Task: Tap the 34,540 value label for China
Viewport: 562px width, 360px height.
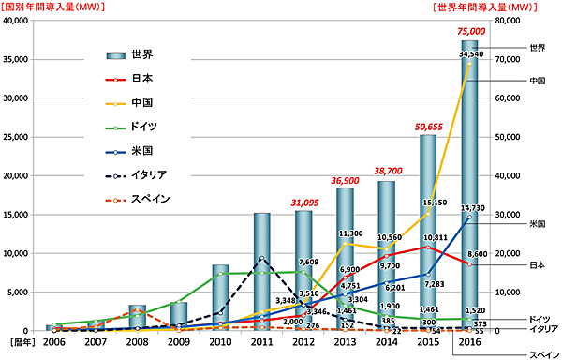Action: tap(470, 55)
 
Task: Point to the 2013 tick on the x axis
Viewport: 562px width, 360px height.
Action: tap(345, 343)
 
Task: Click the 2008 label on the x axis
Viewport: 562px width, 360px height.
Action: tap(137, 343)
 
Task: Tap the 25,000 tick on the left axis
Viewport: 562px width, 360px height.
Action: tap(20, 137)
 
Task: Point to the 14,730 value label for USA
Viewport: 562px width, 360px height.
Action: tap(470, 208)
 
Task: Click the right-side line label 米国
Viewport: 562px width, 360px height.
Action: tap(538, 223)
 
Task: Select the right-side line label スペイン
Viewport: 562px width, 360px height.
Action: tap(538, 353)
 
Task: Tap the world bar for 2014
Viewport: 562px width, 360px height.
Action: tap(386, 255)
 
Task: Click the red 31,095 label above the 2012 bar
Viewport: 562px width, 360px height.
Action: tap(303, 202)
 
